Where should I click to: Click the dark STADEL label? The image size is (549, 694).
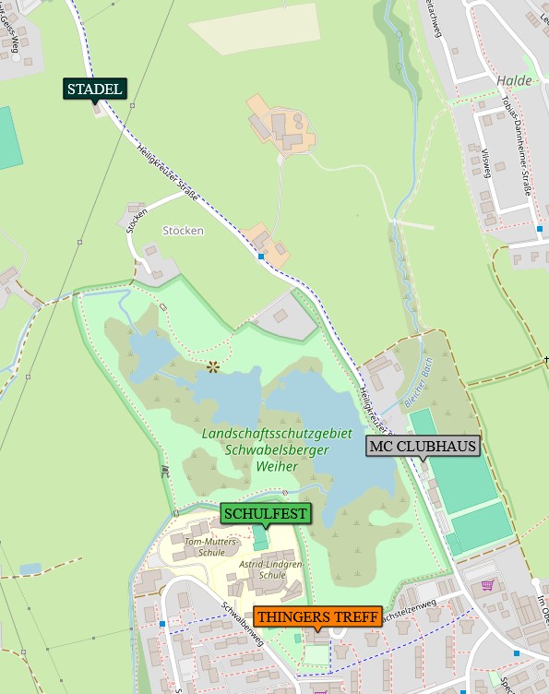coord(95,89)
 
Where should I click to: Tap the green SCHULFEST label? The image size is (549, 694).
coord(265,513)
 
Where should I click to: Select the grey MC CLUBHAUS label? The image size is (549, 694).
coord(424,447)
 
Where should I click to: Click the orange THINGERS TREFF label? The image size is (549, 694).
coord(317,616)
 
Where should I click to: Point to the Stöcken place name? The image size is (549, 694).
coord(182,231)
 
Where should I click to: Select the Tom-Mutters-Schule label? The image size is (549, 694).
coord(205,546)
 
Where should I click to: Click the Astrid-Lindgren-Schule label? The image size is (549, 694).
coord(259,568)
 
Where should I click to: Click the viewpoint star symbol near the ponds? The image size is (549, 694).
coord(213,367)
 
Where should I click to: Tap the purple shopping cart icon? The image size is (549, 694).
coord(487,584)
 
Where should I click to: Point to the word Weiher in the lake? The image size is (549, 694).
coord(278,466)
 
